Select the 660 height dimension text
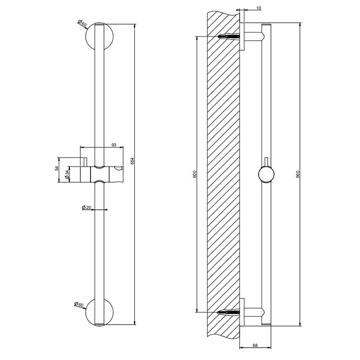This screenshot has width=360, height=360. click(x=299, y=174)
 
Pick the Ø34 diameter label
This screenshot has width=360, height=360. click(x=67, y=175)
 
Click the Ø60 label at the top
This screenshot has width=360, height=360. click(x=81, y=23)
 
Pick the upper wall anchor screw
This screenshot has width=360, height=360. click(x=229, y=37)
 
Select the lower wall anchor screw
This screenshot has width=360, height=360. click(x=229, y=312)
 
